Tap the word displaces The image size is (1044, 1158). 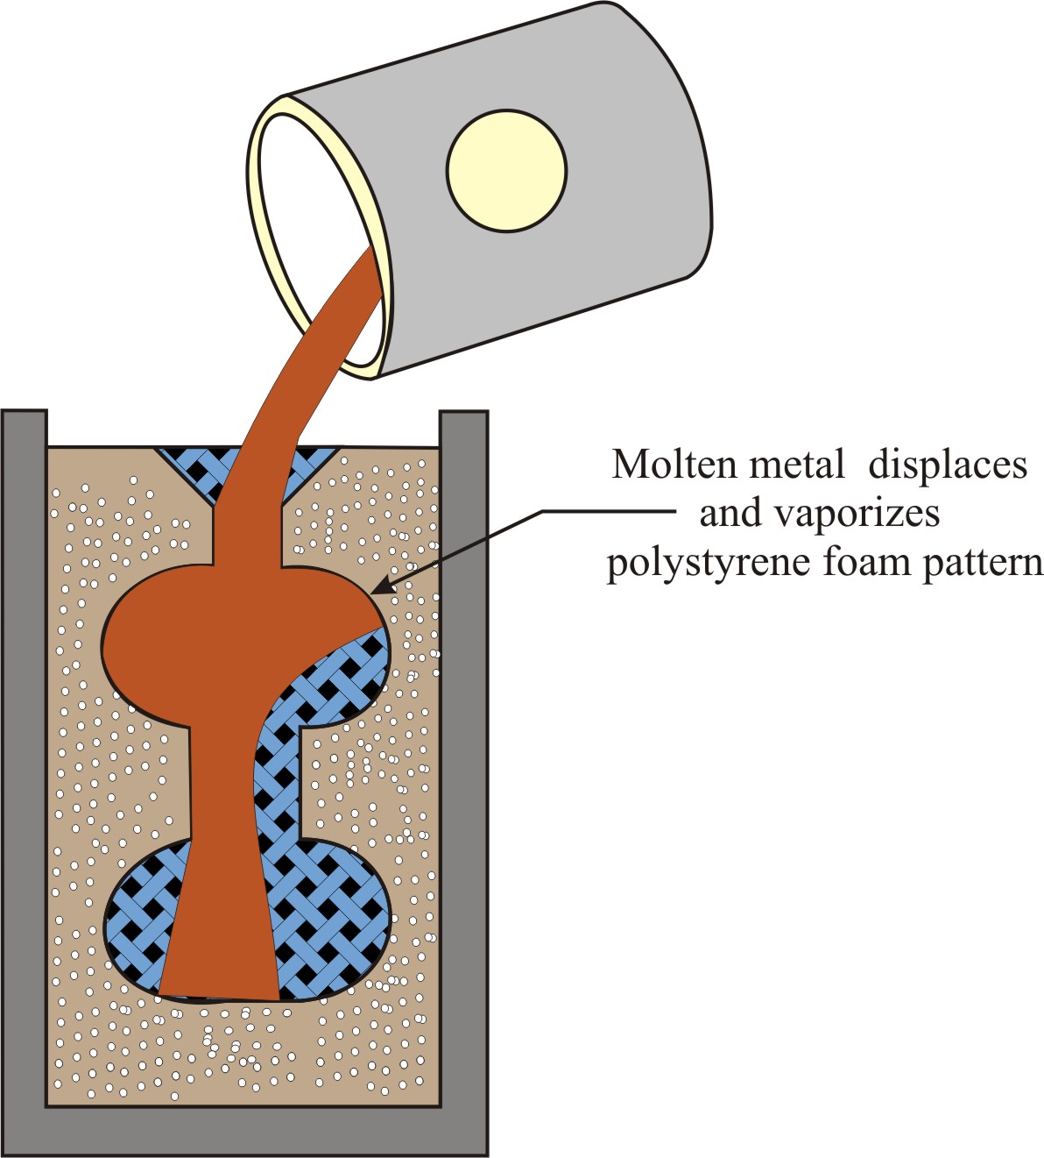coord(947,465)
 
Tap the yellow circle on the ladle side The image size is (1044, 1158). coord(506,171)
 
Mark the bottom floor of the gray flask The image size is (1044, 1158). coord(245,1132)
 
